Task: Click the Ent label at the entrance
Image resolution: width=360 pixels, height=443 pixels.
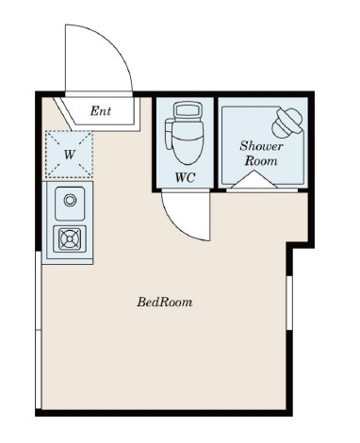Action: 101,111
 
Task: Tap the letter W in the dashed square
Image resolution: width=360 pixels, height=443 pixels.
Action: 70,155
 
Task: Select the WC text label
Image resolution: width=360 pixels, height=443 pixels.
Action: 185,178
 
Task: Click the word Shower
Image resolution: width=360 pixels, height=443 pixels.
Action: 261,146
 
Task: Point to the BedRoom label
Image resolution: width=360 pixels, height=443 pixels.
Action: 165,302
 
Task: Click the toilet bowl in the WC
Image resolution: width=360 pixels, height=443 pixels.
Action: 188,142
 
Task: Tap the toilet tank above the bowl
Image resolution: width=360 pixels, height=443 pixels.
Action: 188,110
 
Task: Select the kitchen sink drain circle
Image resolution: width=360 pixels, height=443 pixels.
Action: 70,200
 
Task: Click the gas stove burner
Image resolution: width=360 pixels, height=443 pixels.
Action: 70,239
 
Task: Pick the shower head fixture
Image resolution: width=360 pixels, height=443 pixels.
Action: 287,123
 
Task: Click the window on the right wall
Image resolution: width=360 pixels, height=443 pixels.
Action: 289,303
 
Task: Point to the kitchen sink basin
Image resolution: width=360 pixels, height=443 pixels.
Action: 70,204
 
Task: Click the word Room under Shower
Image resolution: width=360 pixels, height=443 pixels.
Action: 261,161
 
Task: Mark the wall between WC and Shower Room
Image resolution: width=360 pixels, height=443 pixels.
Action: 216,143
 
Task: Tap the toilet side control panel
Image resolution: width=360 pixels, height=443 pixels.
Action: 169,134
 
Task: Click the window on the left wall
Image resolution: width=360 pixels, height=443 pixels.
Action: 39,330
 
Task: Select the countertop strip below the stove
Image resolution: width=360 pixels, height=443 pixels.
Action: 68,261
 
